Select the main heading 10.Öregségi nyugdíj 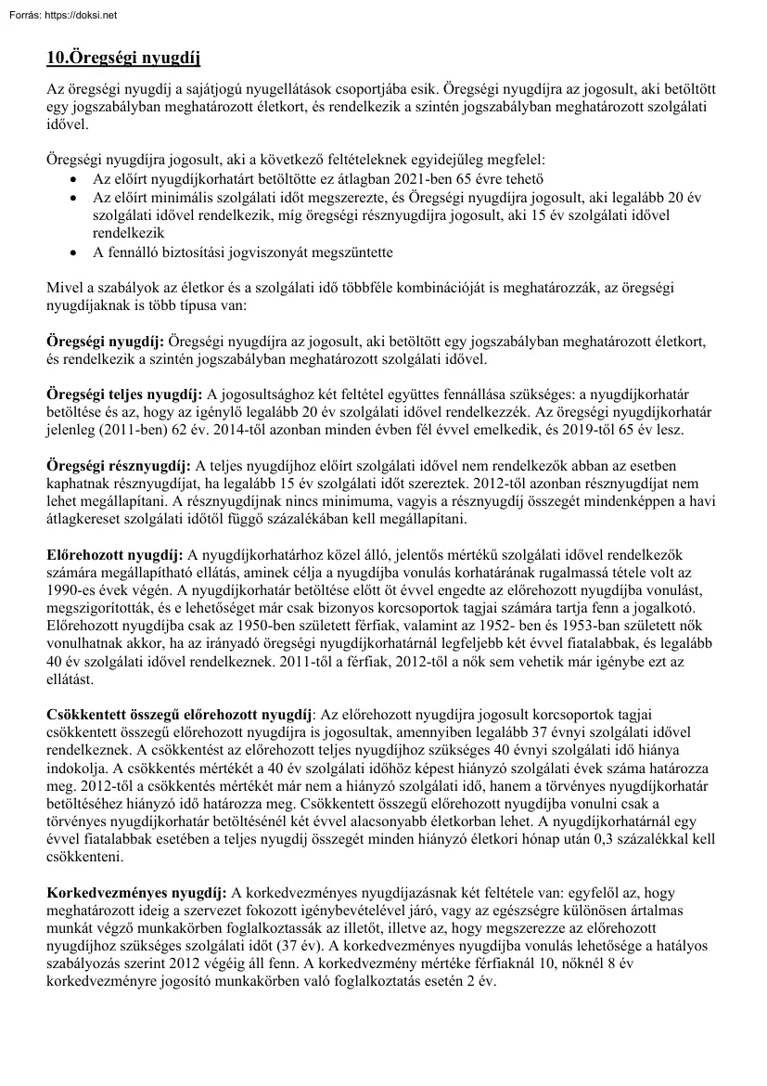pyautogui.click(x=123, y=58)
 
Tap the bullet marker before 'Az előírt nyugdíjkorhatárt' pyautogui.click(x=75, y=178)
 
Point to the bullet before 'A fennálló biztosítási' pyautogui.click(x=75, y=252)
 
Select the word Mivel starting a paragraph pyautogui.click(x=64, y=289)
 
